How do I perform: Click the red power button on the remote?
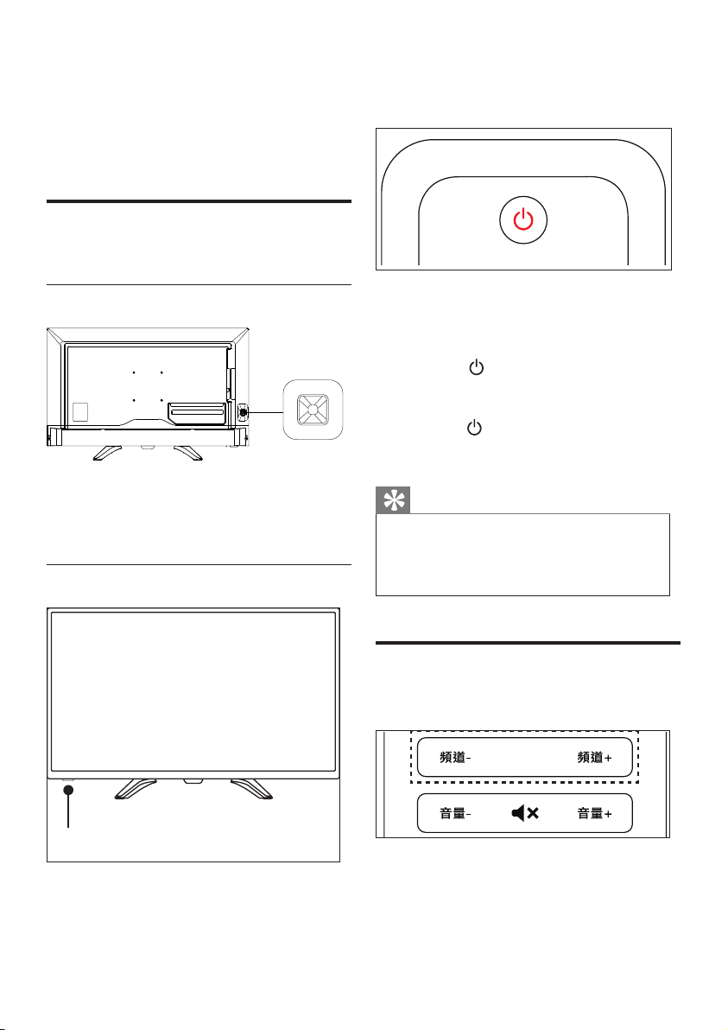coord(523,220)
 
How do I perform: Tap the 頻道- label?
coord(456,758)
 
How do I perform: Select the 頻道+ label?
coord(595,758)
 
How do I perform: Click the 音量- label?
coord(456,814)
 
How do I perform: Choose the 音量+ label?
coord(595,814)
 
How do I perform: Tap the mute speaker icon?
coord(525,814)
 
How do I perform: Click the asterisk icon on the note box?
coord(393,501)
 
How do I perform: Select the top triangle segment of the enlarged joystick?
coord(313,398)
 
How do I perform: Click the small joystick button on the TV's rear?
coord(243,412)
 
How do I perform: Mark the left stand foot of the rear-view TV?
coord(107,451)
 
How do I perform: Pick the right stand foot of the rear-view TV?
coord(187,451)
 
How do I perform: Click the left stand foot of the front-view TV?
coord(136,788)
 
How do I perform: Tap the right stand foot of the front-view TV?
coord(251,788)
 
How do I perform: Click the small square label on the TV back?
coord(79,411)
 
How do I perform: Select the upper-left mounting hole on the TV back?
coord(133,372)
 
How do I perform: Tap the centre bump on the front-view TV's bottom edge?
coord(193,781)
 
